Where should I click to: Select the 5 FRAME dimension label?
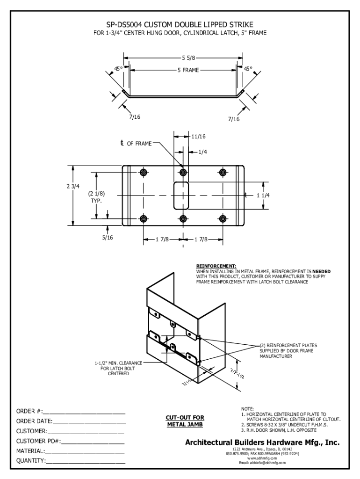(187, 70)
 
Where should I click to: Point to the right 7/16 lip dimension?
(234, 119)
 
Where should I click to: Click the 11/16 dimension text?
(198, 137)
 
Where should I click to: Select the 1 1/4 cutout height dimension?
(263, 196)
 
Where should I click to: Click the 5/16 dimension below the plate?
(108, 238)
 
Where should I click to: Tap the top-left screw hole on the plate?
(144, 173)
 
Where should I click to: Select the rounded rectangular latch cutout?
(182, 196)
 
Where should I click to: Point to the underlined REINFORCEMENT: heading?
(216, 266)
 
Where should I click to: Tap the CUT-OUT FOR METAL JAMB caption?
(185, 421)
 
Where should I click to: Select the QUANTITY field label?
(31, 461)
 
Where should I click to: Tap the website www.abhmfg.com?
(262, 458)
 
